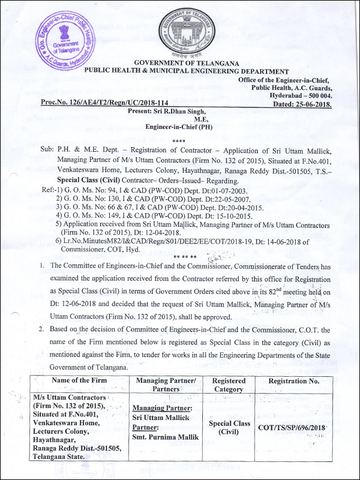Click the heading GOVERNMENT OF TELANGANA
(187, 63)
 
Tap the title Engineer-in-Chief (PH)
(175, 127)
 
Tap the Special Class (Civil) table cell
(229, 427)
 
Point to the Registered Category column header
(229, 385)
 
